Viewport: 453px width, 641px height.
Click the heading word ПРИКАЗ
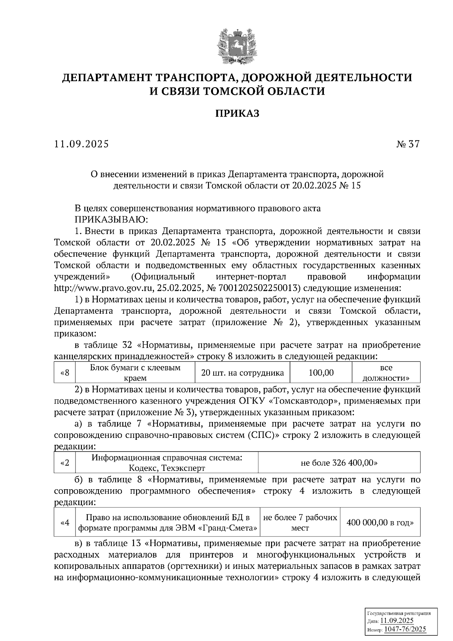[x=237, y=113]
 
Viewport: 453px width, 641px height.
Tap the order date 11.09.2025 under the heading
[x=82, y=144]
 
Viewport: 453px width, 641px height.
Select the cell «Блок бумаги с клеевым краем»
[x=135, y=373]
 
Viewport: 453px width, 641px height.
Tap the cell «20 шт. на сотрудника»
[x=242, y=373]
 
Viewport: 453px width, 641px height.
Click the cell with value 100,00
[x=321, y=373]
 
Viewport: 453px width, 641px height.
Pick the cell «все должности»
[x=386, y=373]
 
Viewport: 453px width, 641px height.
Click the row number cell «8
[x=65, y=373]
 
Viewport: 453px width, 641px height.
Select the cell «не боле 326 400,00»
[x=339, y=463]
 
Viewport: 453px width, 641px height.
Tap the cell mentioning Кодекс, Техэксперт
[x=167, y=463]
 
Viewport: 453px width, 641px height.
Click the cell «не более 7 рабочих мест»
[x=300, y=522]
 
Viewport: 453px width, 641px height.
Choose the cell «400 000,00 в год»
[x=380, y=522]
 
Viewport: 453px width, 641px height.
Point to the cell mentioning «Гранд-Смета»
[x=168, y=522]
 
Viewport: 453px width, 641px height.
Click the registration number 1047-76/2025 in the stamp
[x=407, y=629]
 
